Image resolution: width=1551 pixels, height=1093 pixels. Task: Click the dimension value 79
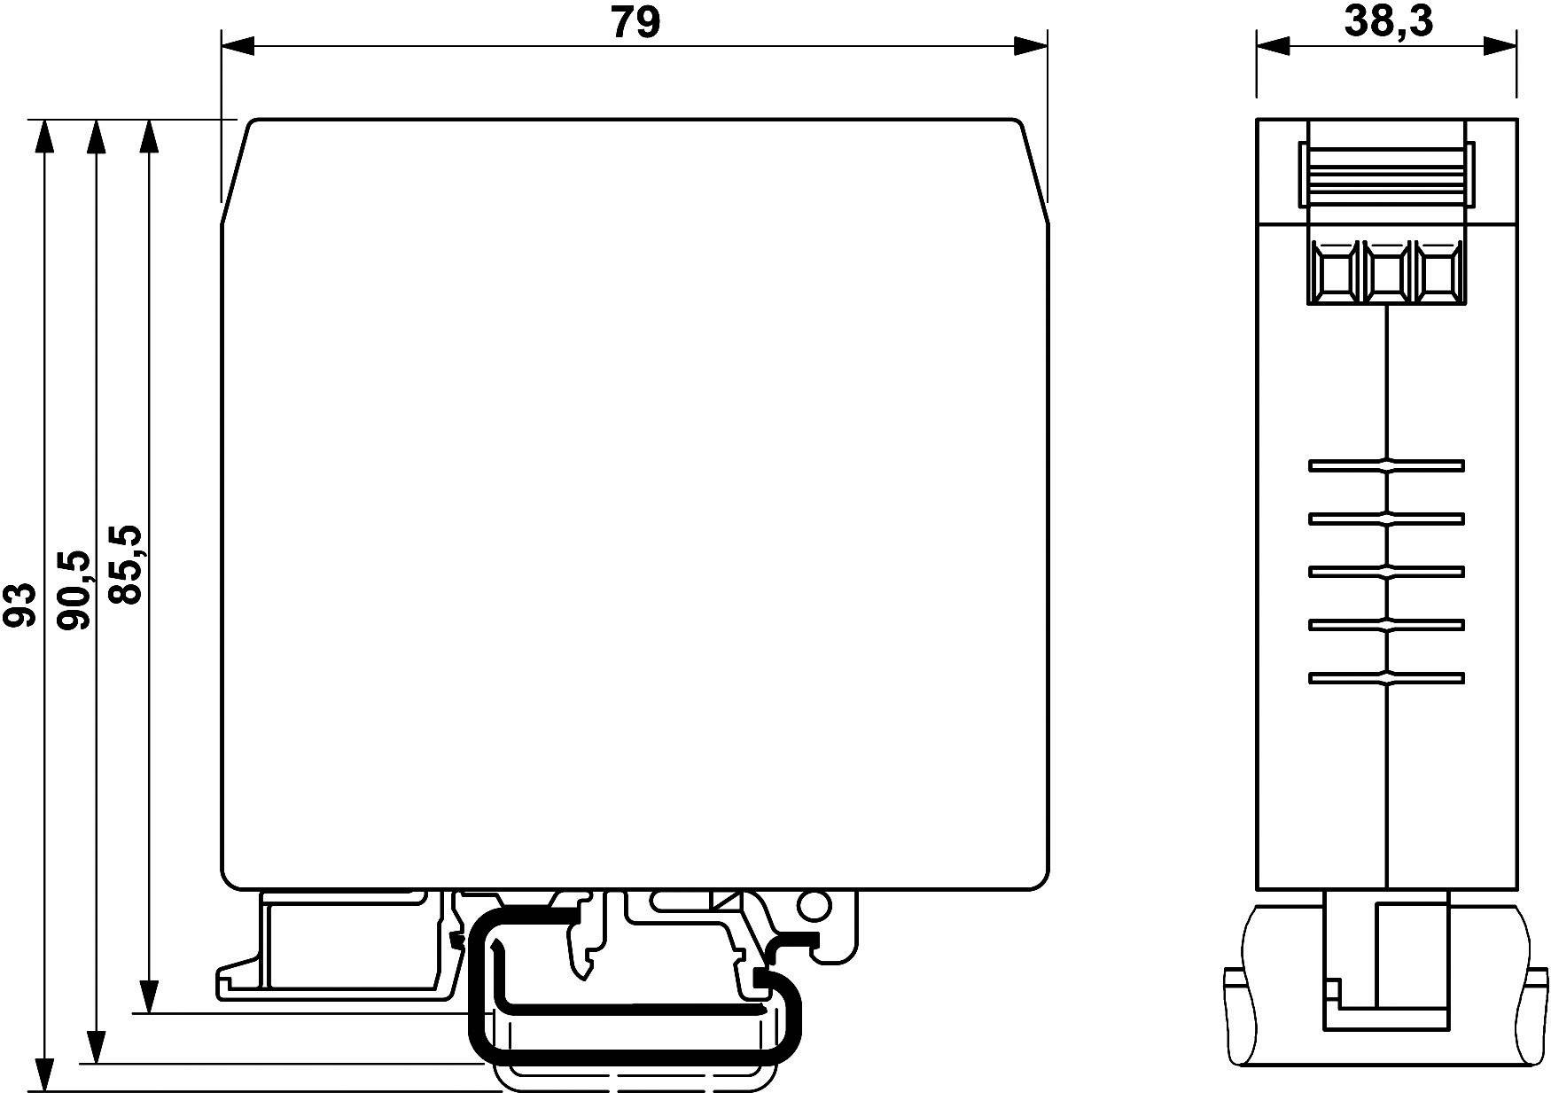[635, 23]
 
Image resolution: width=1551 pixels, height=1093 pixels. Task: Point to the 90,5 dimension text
[74, 589]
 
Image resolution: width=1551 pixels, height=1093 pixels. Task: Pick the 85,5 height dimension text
[126, 564]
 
